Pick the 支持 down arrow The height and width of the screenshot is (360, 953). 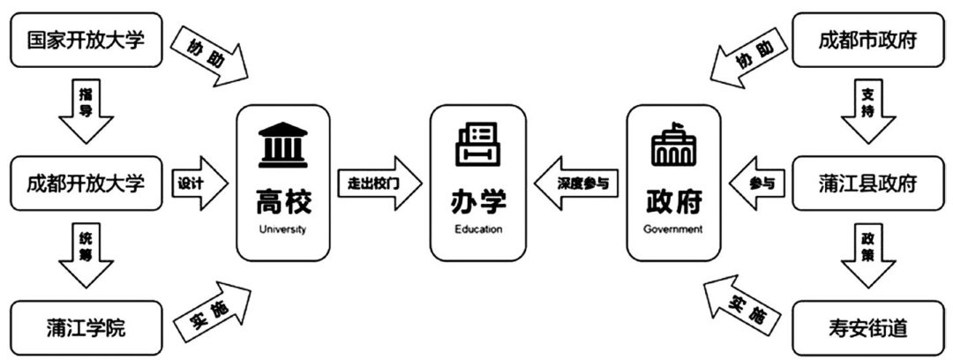click(868, 110)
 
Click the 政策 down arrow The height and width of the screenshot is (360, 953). click(868, 256)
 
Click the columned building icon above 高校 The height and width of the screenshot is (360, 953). click(282, 146)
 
